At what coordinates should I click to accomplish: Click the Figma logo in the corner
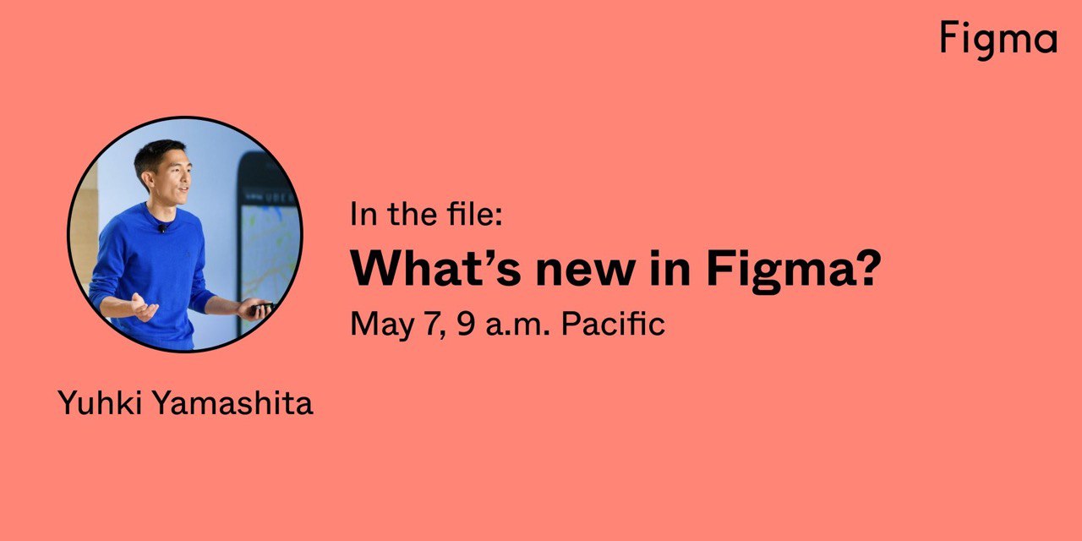[999, 40]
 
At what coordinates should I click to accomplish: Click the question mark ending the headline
[864, 268]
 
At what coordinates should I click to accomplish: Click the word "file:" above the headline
[475, 213]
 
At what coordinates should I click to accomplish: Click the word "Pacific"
[614, 323]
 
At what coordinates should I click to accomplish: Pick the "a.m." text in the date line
[518, 325]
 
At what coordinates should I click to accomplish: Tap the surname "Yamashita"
[233, 402]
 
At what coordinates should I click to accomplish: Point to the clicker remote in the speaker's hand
[262, 307]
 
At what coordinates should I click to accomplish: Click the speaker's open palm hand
[145, 307]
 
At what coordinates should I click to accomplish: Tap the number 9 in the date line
[466, 324]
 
